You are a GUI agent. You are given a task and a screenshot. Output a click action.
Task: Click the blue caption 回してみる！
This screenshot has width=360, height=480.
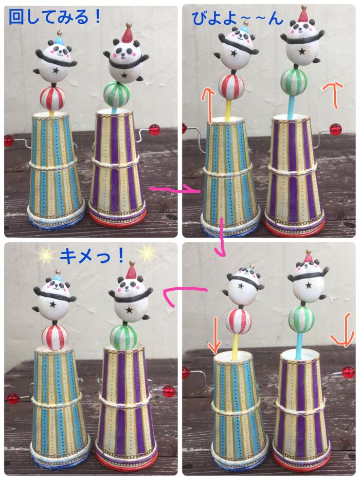[55, 17]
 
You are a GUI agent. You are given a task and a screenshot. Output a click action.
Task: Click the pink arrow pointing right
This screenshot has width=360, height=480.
[174, 190]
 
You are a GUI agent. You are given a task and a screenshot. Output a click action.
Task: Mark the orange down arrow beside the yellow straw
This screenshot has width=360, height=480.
[214, 335]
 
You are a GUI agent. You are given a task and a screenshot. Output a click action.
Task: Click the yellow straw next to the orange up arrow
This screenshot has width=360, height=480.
[228, 109]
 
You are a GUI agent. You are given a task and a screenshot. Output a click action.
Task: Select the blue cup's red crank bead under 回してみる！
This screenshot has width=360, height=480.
[9, 141]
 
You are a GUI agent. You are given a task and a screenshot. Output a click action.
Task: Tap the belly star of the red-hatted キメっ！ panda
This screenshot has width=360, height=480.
[130, 309]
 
